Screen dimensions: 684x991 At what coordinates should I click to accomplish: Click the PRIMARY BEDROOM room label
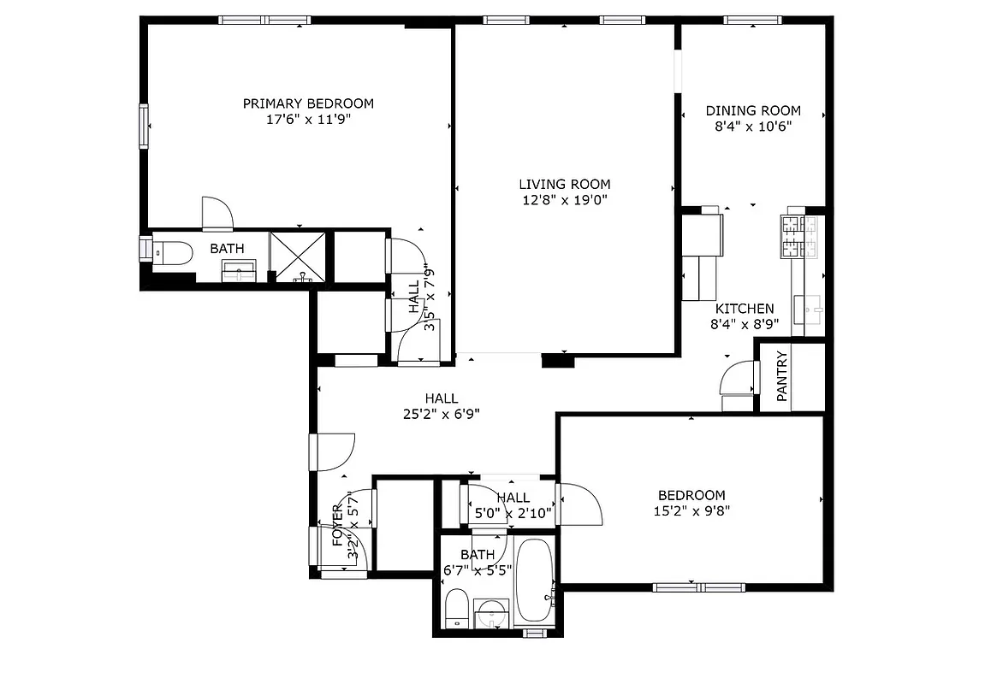[308, 103]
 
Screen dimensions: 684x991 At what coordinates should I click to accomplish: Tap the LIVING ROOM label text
[564, 184]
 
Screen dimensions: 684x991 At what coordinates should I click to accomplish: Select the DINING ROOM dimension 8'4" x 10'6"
[753, 127]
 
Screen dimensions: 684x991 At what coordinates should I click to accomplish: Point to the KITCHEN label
[745, 309]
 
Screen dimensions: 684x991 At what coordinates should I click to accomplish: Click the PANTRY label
[781, 376]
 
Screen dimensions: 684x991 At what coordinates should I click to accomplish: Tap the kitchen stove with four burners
[799, 237]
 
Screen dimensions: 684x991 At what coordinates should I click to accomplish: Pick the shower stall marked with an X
[298, 256]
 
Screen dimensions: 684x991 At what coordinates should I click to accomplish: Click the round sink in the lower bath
[491, 613]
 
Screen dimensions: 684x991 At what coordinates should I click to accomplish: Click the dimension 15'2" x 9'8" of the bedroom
[691, 511]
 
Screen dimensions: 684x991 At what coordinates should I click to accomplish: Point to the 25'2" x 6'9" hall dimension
[441, 414]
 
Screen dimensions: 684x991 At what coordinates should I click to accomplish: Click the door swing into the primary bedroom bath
[217, 213]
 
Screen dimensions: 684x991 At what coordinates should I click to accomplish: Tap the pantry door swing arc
[735, 377]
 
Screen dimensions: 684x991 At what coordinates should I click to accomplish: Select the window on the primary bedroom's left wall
[144, 126]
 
